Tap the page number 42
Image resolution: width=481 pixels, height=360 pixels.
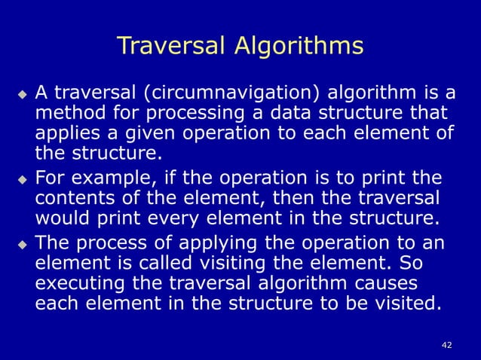click(x=447, y=345)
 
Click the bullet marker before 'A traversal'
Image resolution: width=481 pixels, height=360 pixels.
click(x=22, y=95)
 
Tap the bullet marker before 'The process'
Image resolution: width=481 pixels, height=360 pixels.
click(x=22, y=244)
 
